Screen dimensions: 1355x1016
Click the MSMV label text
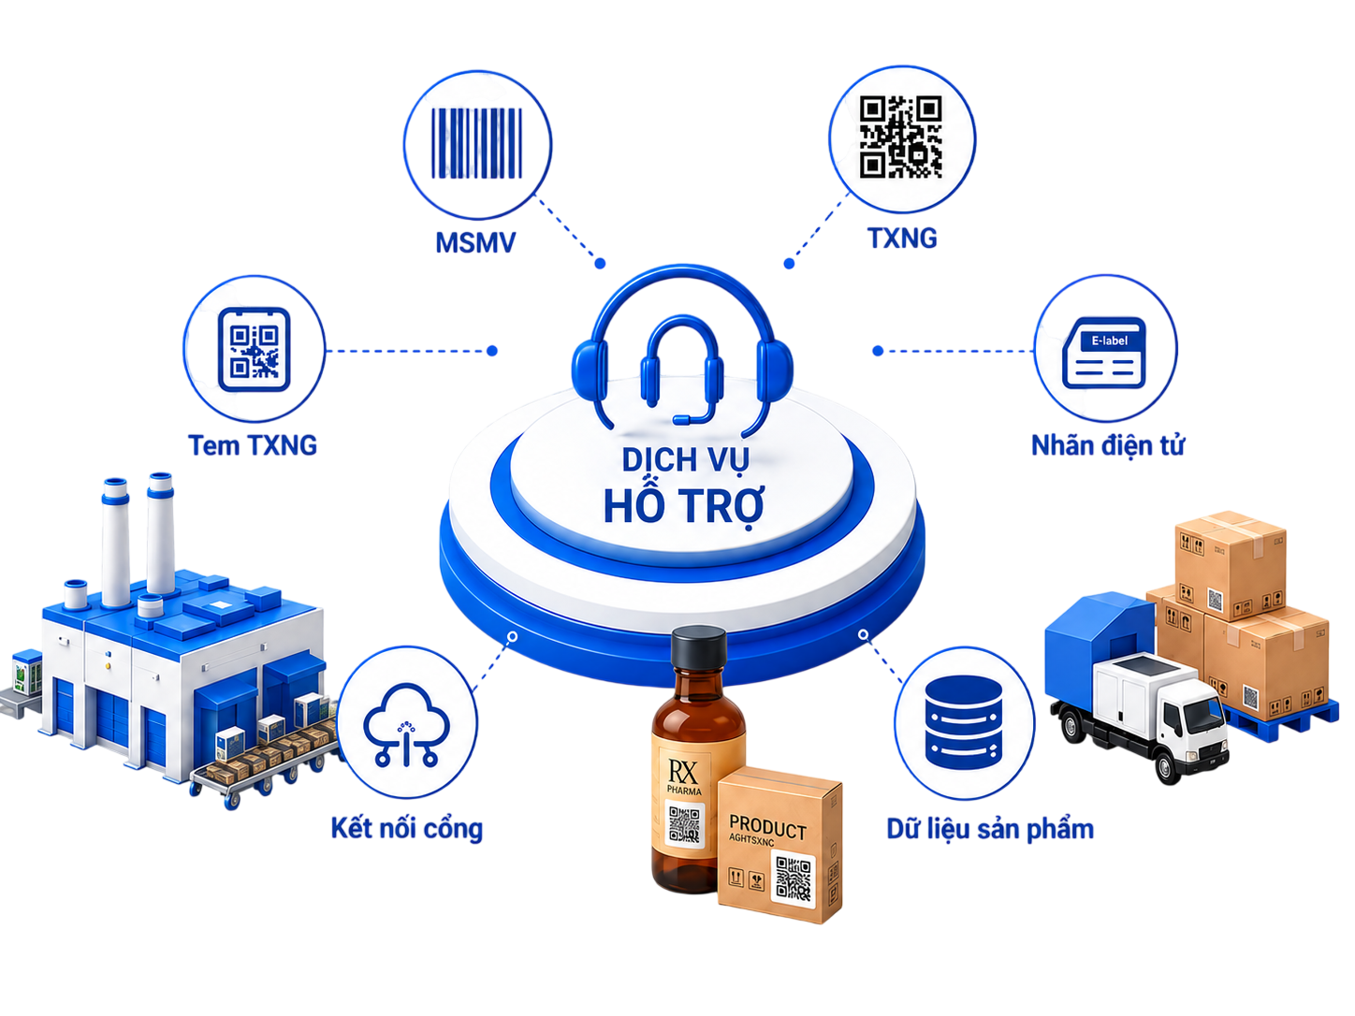click(475, 242)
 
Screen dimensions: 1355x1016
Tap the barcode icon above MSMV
click(476, 143)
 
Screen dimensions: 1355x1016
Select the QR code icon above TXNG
click(900, 137)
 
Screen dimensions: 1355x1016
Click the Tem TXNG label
click(253, 445)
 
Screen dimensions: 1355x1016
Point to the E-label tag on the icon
click(1109, 341)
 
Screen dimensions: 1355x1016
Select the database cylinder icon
click(964, 722)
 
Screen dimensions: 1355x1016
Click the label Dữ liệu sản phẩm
click(990, 829)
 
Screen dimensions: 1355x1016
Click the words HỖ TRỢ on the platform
click(684, 506)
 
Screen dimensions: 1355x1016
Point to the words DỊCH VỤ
click(685, 459)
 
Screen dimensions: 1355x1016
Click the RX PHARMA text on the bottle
click(683, 777)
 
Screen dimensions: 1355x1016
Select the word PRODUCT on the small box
click(767, 827)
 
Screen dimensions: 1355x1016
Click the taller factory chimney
click(160, 534)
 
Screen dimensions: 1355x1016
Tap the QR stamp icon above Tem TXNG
click(255, 349)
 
